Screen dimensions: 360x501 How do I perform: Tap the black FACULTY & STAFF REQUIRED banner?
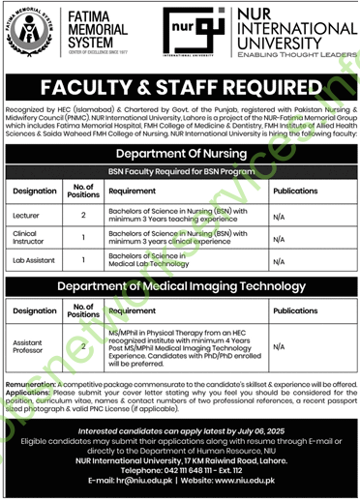click(x=180, y=84)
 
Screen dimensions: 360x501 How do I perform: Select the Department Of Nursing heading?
click(x=180, y=154)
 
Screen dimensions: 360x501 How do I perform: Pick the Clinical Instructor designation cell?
click(x=28, y=238)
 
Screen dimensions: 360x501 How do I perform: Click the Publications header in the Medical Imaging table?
click(x=296, y=311)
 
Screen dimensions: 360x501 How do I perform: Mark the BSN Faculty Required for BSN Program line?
click(x=180, y=170)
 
